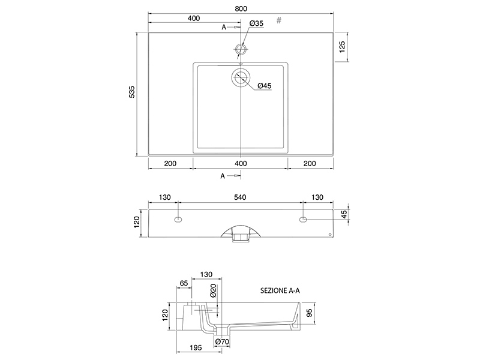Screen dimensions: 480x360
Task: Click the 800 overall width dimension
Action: tap(241, 8)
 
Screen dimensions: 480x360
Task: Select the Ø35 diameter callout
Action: tap(256, 23)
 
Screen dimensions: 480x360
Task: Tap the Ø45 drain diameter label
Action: tap(265, 86)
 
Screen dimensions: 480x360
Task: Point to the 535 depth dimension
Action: tap(131, 92)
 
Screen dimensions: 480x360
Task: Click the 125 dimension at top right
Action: tap(342, 47)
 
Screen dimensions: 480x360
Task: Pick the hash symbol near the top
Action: tap(279, 20)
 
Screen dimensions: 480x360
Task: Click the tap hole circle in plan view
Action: tap(241, 49)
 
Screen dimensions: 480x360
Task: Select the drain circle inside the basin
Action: tap(241, 77)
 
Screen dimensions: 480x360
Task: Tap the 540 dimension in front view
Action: tap(240, 197)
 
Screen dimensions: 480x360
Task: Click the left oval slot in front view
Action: tap(178, 219)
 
